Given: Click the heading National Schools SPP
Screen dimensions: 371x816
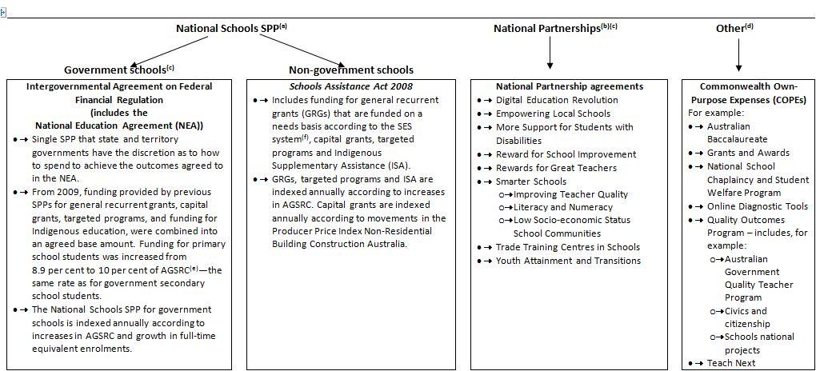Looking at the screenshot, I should tap(231, 28).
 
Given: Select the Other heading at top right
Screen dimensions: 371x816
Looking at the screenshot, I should tap(734, 28).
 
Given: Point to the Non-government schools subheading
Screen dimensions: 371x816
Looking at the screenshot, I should tap(351, 70).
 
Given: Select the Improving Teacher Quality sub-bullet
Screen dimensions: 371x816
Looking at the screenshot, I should tap(570, 194).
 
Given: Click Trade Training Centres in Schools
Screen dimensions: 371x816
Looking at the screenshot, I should tap(568, 247).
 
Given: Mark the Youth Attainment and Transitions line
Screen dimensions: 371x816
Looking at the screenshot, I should tap(568, 261).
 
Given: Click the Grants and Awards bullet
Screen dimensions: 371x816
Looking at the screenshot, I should tap(748, 153).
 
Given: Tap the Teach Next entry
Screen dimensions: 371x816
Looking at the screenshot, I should tap(732, 363).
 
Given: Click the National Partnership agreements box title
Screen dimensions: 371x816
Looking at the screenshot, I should tap(570, 86).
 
